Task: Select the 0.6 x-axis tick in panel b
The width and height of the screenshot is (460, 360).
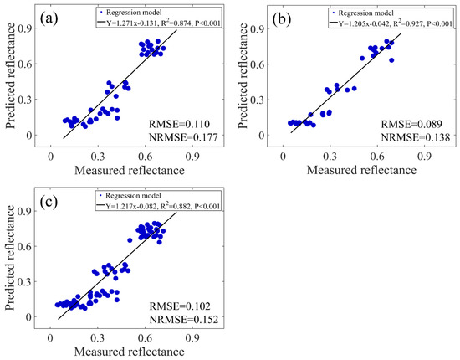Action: point(386,155)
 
